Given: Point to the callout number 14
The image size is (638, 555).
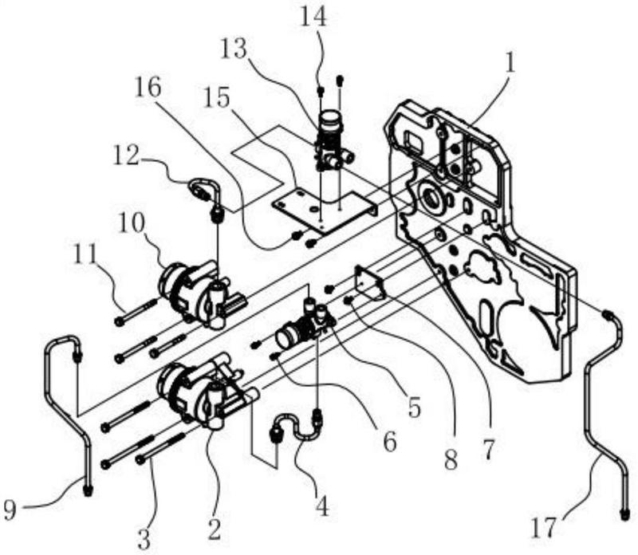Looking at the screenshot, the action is (x=313, y=17).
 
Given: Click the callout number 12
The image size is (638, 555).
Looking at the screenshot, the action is (x=126, y=155).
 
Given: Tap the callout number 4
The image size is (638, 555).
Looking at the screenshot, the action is (x=321, y=506).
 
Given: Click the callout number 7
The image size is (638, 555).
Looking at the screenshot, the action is (x=488, y=450).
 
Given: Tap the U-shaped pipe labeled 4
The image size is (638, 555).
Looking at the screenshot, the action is (x=296, y=427).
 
